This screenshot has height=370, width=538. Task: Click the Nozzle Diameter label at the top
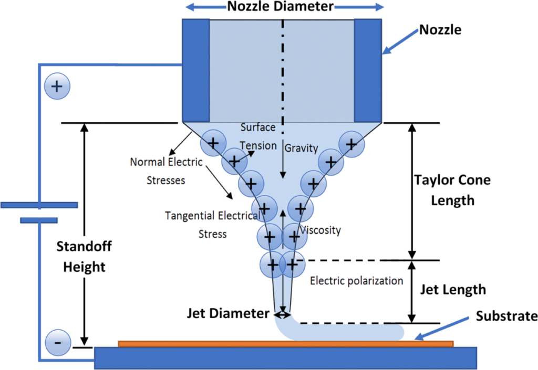281,6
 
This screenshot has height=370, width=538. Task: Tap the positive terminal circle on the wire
57,86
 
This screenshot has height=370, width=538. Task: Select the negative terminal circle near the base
58,342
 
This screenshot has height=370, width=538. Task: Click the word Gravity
301,149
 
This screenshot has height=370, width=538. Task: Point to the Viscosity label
320,230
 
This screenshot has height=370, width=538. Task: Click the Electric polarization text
357,281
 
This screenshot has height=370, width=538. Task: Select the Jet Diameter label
228,313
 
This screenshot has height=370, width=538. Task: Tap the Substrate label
506,316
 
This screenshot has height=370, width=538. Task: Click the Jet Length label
453,290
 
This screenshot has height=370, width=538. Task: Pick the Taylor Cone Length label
452,190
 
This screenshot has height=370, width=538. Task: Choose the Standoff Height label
84,256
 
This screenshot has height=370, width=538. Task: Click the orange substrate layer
285,344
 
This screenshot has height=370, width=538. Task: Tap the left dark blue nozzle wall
196,70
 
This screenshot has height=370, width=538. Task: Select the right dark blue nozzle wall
368,70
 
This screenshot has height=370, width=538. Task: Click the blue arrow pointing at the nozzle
401,41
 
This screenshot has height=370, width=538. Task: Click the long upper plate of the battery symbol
39,205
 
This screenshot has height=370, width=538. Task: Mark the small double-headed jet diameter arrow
282,314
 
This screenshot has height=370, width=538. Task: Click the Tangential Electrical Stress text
213,225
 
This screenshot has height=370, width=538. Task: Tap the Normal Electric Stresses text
166,171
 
